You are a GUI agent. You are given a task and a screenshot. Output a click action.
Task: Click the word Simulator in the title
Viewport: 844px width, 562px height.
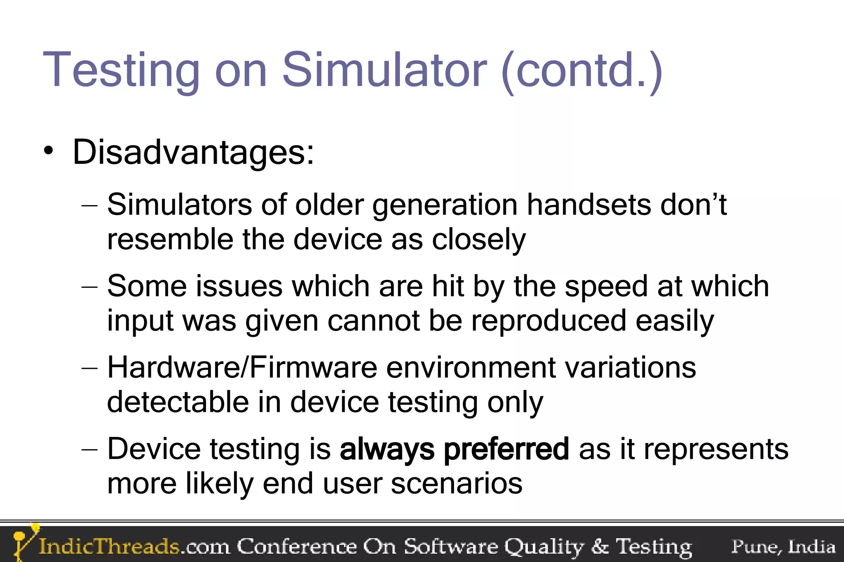pyautogui.click(x=384, y=70)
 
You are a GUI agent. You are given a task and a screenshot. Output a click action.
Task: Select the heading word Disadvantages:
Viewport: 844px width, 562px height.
pyautogui.click(x=193, y=152)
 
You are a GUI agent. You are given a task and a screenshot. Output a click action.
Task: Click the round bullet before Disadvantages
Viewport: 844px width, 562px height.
pyautogui.click(x=49, y=151)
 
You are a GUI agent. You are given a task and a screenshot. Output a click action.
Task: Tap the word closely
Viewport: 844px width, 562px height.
pyautogui.click(x=478, y=240)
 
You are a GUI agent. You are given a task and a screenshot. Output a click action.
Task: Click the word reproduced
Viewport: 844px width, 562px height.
pyautogui.click(x=549, y=321)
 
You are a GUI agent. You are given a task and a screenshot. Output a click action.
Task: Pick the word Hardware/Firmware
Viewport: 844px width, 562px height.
pyautogui.click(x=242, y=367)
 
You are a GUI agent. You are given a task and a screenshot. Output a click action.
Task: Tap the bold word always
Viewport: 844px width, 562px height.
pyautogui.click(x=387, y=449)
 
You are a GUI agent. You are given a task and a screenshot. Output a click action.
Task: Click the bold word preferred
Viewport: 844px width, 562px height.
pyautogui.click(x=506, y=449)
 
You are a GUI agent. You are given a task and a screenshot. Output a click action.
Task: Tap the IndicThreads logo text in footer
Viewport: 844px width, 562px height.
pyautogui.click(x=109, y=546)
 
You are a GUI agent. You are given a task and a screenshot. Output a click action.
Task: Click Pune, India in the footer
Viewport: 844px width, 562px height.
pyautogui.click(x=783, y=546)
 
